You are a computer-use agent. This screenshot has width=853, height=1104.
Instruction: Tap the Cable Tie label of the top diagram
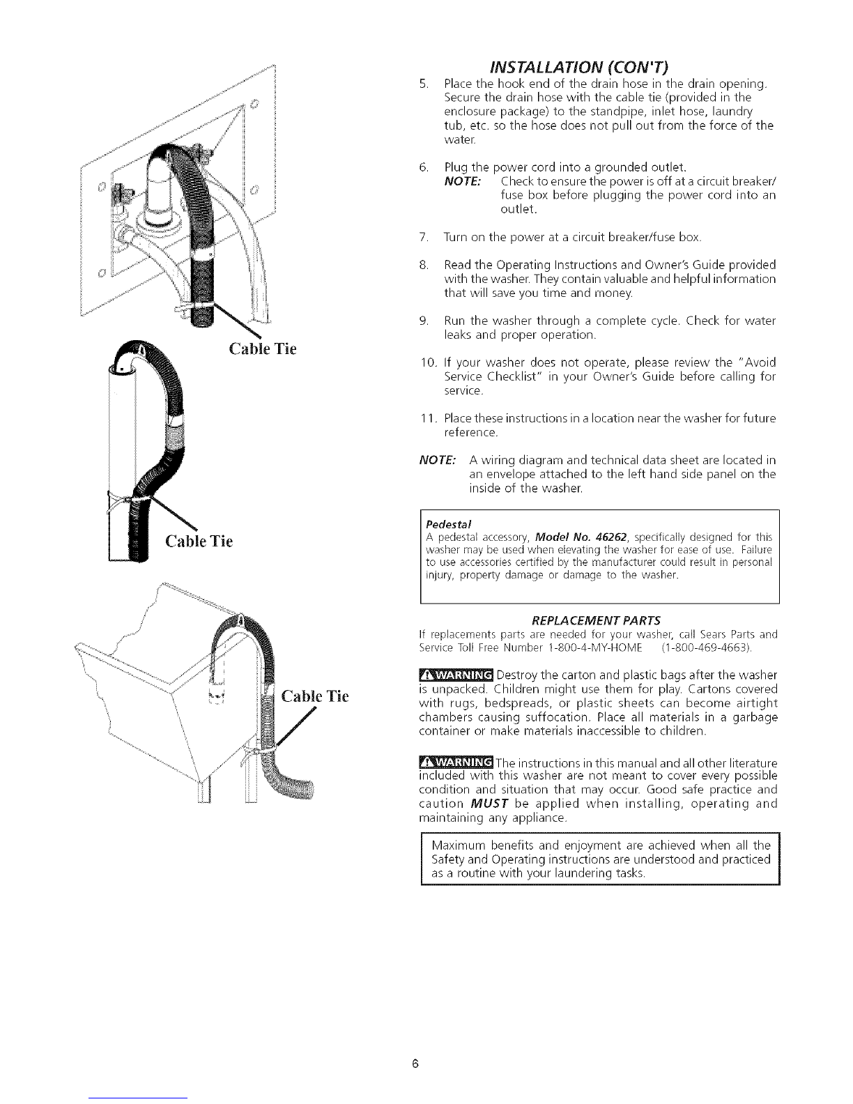(x=262, y=348)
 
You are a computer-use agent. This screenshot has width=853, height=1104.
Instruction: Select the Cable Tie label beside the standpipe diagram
(x=199, y=541)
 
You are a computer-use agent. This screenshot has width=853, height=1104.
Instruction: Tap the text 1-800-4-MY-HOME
(x=582, y=648)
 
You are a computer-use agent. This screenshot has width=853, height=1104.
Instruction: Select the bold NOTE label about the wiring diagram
(x=436, y=461)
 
